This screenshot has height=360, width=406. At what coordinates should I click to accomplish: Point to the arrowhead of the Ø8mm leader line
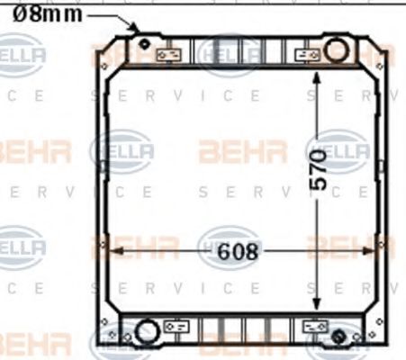click(137, 29)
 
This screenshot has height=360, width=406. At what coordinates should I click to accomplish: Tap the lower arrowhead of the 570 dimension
click(316, 283)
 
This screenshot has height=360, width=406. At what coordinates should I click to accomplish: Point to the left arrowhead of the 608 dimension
click(110, 253)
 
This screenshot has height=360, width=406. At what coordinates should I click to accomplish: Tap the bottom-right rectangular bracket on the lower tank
click(314, 325)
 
